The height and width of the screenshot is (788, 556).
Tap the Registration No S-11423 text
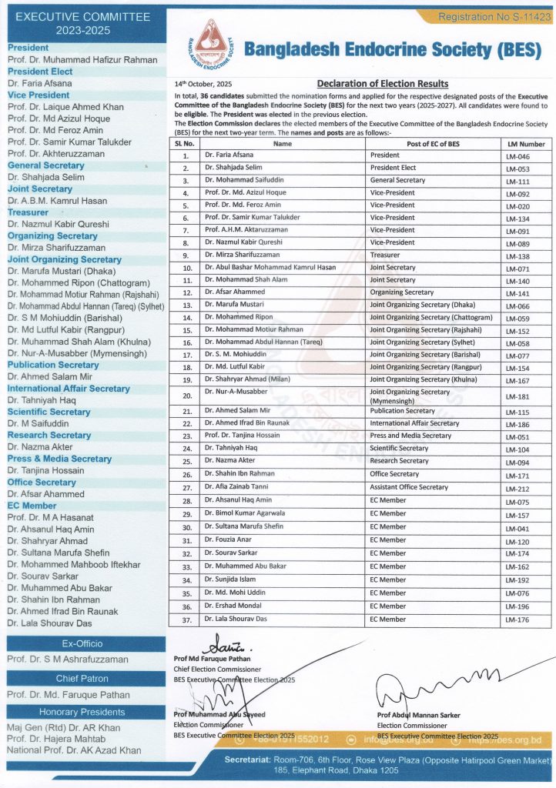[x=493, y=15]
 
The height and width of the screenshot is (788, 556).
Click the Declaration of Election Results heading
[x=383, y=84]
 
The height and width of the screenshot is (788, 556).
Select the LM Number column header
[x=526, y=143]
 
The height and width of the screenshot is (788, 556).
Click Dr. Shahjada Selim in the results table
[x=233, y=168]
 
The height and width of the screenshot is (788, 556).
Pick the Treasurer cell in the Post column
[x=387, y=255]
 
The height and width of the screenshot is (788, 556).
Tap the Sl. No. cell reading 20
[x=187, y=396]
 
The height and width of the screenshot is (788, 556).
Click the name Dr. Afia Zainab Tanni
[x=236, y=487]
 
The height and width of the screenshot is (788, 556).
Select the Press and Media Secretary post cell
[x=410, y=436]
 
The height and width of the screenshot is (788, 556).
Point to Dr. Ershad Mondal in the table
[x=234, y=606]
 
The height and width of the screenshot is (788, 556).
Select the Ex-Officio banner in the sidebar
[x=82, y=643]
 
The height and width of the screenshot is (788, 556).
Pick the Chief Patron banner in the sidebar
[x=82, y=679]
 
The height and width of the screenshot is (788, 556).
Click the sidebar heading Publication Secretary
[x=53, y=365]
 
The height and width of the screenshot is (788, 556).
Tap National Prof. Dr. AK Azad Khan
[x=74, y=750]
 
